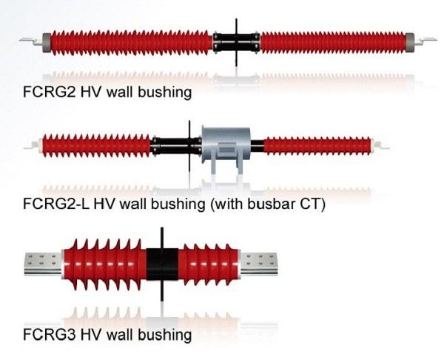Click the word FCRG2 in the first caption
tap(49, 92)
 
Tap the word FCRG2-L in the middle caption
tap(56, 204)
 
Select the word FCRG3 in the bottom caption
tap(49, 335)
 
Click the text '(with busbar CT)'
tap(268, 204)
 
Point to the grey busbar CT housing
tap(226, 146)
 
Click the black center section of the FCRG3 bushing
tap(162, 264)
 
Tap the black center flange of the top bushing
tap(236, 42)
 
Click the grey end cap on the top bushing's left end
tap(47, 42)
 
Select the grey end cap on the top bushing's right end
tap(410, 42)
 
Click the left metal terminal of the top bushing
tap(31, 41)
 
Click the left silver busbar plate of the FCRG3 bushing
tap(44, 264)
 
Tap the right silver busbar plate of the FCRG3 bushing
tap(259, 264)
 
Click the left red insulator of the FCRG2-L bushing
tap(96, 146)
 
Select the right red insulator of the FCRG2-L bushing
tap(317, 146)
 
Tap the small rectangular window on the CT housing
tap(228, 150)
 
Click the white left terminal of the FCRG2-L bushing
tap(33, 146)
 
